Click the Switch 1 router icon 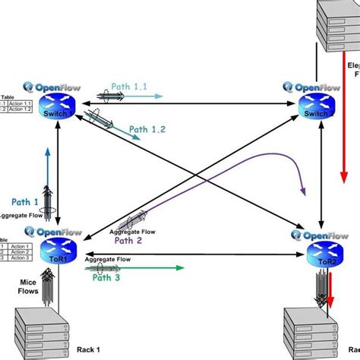click(58, 109)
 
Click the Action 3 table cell click(18, 257)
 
